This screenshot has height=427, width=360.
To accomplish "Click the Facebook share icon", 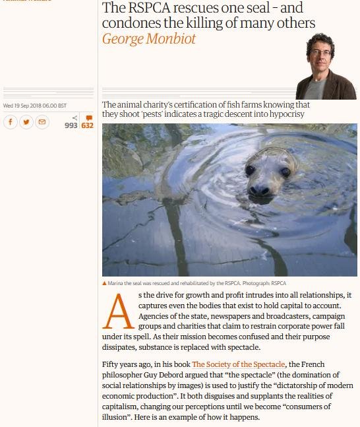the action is point(11,122).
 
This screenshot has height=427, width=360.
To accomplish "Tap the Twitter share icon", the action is point(26,122).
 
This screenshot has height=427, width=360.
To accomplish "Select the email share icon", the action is point(42,122).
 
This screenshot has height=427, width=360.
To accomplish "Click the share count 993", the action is point(71,125).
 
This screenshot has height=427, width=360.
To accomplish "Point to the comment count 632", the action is point(87,125).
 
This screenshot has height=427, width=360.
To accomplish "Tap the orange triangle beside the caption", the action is point(104,282).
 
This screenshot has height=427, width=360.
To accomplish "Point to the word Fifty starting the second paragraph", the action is point(112,364).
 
